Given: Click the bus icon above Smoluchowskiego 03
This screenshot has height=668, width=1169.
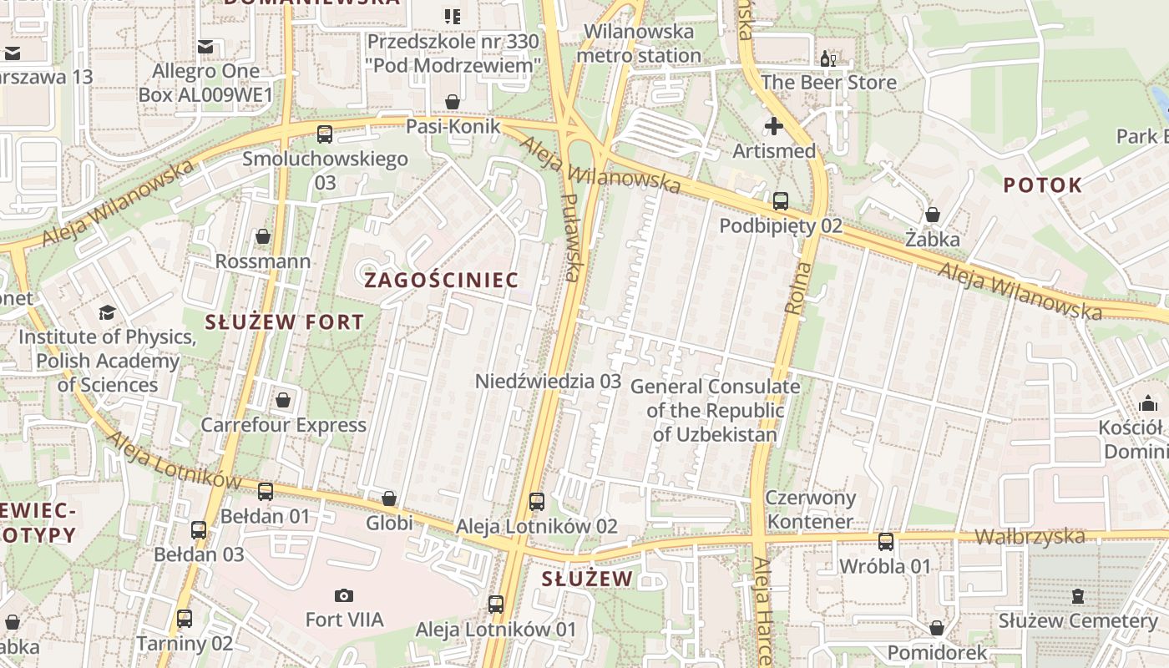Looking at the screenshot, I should coord(325,134).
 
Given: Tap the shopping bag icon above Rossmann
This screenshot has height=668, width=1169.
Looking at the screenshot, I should coord(263,236).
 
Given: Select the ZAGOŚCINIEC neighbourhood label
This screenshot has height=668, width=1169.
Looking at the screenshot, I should coord(442,280).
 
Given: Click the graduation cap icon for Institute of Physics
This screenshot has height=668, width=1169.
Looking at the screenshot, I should coord(107,313).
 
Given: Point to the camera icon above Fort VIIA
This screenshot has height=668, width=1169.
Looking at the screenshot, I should coord(343,595).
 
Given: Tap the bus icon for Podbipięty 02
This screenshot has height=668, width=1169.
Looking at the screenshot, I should coord(781,201).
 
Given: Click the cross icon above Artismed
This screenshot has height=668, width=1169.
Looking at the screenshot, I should coord(774,126).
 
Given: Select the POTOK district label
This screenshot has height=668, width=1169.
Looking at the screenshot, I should coord(1042,185).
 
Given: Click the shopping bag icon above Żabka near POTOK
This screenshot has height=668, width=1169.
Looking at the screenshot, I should coord(933,215).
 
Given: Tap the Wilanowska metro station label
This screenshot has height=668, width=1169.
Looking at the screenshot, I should coord(639,44).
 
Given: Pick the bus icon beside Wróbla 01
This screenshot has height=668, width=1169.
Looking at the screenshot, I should coord(886,541).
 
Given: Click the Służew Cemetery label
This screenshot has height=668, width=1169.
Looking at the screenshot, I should coord(1078,620).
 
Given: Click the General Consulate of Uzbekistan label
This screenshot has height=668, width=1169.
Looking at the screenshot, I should coord(715,410).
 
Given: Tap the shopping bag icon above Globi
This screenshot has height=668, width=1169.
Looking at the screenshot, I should coord(389,498).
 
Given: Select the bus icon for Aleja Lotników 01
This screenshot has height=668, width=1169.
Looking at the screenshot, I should coord(496,604).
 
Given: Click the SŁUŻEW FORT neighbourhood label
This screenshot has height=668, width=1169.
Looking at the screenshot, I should coord(285,321).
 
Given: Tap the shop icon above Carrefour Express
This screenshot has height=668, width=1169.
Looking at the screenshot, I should coord(283,400).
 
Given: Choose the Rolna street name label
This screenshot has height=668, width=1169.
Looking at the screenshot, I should coord(798,288).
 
